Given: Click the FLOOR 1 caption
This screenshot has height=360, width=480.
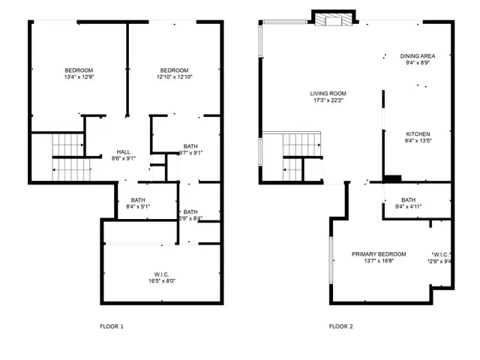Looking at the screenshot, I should pos(112,326).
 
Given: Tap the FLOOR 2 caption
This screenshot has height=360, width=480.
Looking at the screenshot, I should pos(340,326).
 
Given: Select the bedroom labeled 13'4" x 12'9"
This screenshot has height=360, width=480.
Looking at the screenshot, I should pos(78,73).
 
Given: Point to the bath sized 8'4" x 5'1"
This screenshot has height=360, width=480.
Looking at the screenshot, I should pos(138,203).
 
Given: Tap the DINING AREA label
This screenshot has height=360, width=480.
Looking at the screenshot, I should pos(418,56).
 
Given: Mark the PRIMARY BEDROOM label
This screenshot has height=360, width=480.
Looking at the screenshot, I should pos(379,254).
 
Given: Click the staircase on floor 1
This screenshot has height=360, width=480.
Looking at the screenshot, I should pos(67,156).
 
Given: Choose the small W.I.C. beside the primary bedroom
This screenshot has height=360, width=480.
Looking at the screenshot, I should pos(441,257).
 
